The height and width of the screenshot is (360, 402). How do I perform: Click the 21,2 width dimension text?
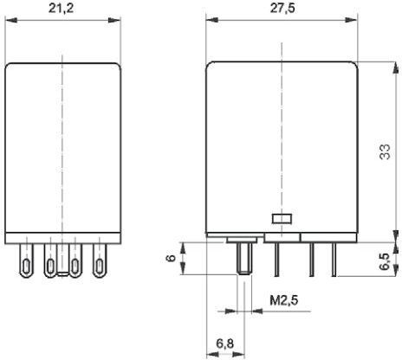click(61, 8)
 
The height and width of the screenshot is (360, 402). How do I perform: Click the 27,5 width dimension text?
click(282, 8)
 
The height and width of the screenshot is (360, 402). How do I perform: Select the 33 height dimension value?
click(385, 151)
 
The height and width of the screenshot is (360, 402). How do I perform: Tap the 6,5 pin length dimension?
click(385, 261)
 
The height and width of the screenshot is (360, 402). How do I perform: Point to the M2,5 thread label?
click(283, 300)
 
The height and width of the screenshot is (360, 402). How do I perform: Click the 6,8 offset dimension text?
click(225, 344)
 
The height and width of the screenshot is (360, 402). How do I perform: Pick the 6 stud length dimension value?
click(171, 258)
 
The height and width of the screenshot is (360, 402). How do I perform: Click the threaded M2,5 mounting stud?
click(244, 259)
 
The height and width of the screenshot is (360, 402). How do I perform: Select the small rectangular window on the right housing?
click(282, 219)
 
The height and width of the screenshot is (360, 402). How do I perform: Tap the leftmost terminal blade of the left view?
click(26, 260)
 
